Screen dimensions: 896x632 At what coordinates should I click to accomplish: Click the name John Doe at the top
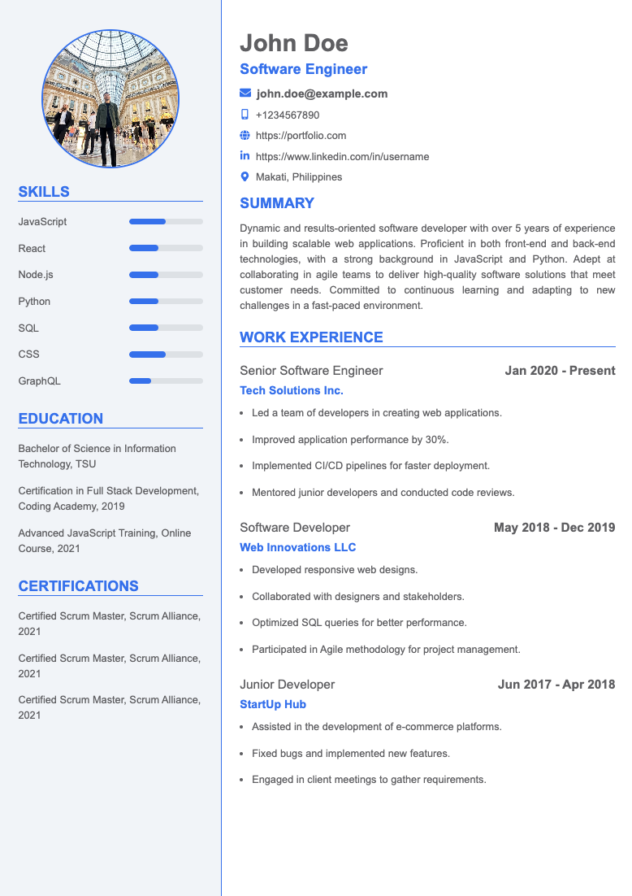pos(293,43)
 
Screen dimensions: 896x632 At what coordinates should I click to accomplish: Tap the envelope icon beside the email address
pos(245,94)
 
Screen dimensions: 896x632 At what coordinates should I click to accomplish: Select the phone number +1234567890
pos(288,115)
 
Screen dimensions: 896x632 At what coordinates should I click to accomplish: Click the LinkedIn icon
pos(245,156)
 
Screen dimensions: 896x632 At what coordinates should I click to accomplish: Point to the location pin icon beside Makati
pos(245,176)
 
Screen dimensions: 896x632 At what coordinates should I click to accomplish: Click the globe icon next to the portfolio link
pos(245,136)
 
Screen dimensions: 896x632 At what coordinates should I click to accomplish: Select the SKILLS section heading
pos(44,192)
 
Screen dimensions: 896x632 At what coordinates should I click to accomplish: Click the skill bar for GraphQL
pos(166,381)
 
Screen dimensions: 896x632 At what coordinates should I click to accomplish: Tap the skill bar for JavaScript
pos(166,221)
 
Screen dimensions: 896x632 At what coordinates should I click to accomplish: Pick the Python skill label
pos(34,301)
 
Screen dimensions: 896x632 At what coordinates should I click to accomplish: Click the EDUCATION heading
pos(61,419)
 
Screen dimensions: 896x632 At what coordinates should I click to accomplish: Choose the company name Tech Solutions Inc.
pos(292,390)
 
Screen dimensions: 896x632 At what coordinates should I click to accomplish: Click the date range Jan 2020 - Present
pos(560,371)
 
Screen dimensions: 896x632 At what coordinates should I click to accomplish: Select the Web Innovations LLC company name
pos(297,547)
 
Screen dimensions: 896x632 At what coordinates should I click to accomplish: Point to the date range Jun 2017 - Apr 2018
pos(556,685)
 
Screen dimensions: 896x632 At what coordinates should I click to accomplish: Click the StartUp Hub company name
pos(273,704)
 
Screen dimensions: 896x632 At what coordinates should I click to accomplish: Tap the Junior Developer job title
pos(287,685)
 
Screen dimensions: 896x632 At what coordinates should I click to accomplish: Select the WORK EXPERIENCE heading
pos(311,337)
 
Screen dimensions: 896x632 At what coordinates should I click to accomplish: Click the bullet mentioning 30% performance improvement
pos(350,439)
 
